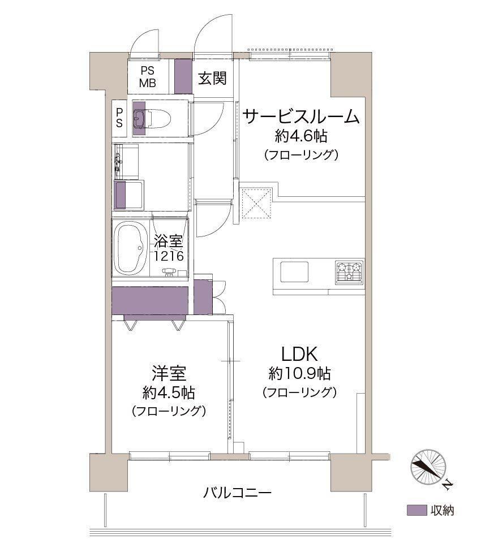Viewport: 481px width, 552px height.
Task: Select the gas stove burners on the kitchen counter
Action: tap(349, 271)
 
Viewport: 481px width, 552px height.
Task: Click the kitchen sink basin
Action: tap(294, 271)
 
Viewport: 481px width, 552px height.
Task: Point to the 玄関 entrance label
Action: tap(212, 78)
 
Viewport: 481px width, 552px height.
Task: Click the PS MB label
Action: tap(148, 77)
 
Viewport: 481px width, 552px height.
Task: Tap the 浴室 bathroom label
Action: tap(168, 241)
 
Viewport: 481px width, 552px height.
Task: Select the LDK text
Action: tap(299, 354)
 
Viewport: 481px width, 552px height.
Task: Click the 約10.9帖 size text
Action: tap(299, 373)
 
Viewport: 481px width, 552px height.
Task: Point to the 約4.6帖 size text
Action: tap(301, 136)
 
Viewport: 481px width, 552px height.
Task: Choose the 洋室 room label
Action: tap(169, 373)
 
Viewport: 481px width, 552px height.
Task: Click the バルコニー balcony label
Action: tap(237, 492)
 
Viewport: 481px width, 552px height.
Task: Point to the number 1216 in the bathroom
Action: tap(168, 256)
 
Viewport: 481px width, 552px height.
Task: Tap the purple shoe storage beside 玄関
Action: tap(183, 76)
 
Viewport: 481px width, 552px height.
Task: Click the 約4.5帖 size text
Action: tap(169, 393)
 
